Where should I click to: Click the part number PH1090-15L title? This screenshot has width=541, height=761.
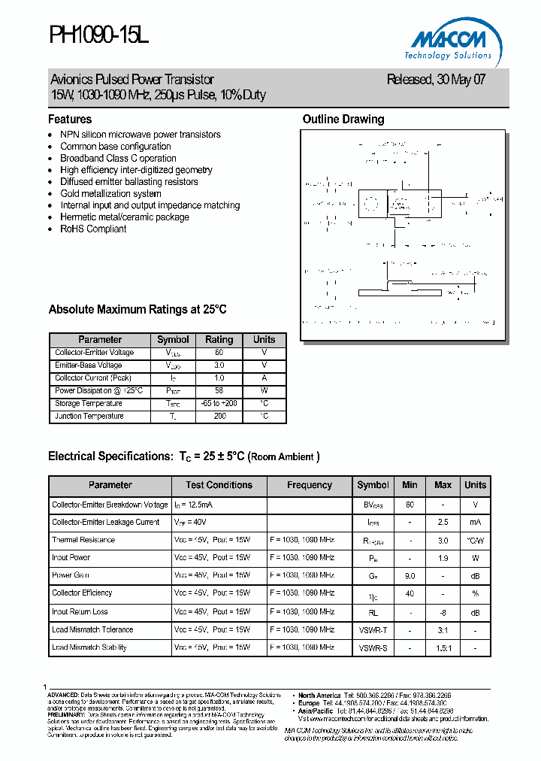click(x=98, y=35)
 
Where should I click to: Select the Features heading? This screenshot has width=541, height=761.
click(x=70, y=119)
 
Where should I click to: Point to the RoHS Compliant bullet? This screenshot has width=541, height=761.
click(x=93, y=229)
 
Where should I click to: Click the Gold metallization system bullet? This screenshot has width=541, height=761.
click(x=110, y=193)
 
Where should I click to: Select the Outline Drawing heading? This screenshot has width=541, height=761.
click(x=343, y=119)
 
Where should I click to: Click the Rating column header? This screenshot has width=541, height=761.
click(x=219, y=339)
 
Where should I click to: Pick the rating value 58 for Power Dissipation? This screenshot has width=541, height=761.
click(x=219, y=390)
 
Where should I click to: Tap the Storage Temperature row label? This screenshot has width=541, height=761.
click(x=89, y=403)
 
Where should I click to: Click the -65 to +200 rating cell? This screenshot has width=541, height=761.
click(x=219, y=403)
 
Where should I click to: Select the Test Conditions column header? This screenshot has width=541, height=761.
click(x=219, y=485)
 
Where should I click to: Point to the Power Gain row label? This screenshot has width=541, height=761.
click(x=71, y=575)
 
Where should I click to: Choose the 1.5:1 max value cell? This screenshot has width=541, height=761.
click(x=443, y=647)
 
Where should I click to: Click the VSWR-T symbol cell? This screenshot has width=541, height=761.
click(x=373, y=629)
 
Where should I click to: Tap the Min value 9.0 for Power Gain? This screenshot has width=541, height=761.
click(x=410, y=575)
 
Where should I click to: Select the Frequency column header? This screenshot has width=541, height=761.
click(x=309, y=485)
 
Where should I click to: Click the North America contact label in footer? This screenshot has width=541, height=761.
click(x=319, y=695)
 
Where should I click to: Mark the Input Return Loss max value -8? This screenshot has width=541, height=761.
click(x=443, y=611)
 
